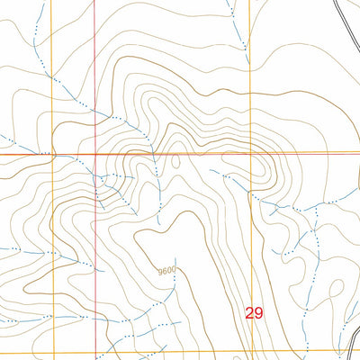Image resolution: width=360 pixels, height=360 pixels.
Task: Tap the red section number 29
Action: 254,313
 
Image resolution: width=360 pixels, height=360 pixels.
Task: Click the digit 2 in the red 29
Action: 249,313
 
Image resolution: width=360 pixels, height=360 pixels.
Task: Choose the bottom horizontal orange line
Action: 180,351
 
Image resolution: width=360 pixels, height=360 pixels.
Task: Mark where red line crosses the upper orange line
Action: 96,154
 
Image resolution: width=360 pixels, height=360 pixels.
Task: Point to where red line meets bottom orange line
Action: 96,351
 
